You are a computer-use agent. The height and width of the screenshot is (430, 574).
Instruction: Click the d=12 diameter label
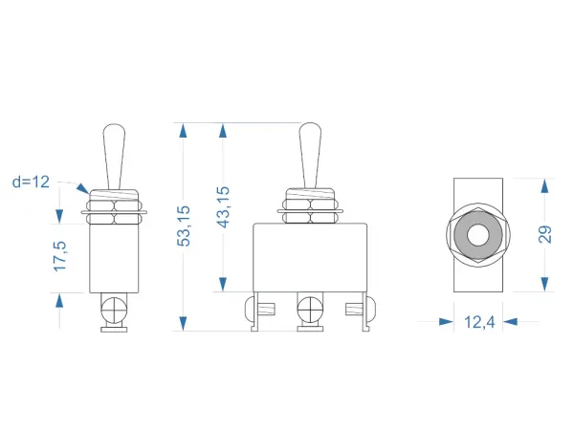coord(31,182)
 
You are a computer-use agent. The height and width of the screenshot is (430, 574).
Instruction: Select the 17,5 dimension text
coord(60,256)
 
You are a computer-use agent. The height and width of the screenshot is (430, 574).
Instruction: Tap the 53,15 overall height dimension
coord(184,226)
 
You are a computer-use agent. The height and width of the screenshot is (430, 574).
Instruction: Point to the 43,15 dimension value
coord(223,207)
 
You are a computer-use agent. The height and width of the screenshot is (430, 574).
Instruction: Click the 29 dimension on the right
coord(544,234)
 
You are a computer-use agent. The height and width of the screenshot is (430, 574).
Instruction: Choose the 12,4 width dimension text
coord(479,322)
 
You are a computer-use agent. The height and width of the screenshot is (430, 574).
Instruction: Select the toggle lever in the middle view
coord(310,156)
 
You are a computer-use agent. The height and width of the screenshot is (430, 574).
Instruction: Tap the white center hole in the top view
coord(478,234)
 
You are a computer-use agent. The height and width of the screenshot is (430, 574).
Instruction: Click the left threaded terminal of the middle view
coord(267,310)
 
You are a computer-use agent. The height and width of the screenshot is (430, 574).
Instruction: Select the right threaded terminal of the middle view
coord(354,310)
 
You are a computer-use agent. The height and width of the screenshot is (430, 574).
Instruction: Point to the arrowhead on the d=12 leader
coord(82,188)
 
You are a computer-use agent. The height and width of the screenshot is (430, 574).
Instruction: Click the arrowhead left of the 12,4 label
coord(446,322)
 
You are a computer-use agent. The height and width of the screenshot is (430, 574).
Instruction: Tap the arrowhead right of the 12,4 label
coord(510,322)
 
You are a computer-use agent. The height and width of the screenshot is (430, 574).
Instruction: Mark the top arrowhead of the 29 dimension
coord(544,185)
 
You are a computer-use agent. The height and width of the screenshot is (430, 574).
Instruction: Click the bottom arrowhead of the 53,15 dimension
coord(184,324)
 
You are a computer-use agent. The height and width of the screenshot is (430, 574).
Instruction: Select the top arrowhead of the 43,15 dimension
coord(223,130)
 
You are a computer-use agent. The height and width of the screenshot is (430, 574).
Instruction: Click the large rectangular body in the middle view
coord(310,258)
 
